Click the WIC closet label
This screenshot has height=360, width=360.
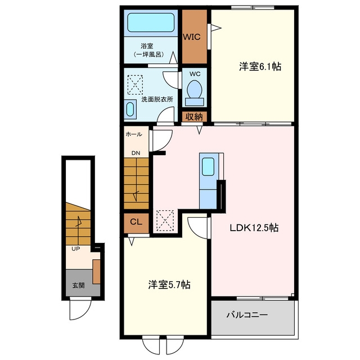pyautogui.click(x=191, y=37)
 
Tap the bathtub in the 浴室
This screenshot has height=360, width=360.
pyautogui.click(x=151, y=22)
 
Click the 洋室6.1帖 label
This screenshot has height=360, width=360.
pyautogui.click(x=260, y=66)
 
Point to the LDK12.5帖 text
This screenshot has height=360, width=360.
pyautogui.click(x=254, y=228)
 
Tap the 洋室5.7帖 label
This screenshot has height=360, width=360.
pyautogui.click(x=169, y=285)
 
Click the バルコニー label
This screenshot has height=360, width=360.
pyautogui.click(x=247, y=314)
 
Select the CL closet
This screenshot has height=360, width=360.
pyautogui.click(x=136, y=223)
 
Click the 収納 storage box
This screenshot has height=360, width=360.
pyautogui.click(x=194, y=117)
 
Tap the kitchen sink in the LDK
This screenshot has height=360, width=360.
pyautogui.click(x=208, y=166)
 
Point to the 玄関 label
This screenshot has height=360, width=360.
pyautogui.click(x=79, y=285)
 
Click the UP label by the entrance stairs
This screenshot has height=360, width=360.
pyautogui.click(x=76, y=249)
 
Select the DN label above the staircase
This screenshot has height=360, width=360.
pyautogui.click(x=136, y=153)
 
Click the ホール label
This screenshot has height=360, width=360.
pyautogui.click(x=134, y=134)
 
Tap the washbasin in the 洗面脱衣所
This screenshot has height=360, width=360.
pyautogui.click(x=130, y=109)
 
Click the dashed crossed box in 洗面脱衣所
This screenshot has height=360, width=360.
pyautogui.click(x=135, y=85)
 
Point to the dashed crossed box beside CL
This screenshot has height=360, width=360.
pyautogui.click(x=165, y=221)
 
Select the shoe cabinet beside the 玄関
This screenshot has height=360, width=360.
pyautogui.click(x=96, y=272)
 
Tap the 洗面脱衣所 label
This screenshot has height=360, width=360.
pyautogui.click(x=157, y=100)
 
